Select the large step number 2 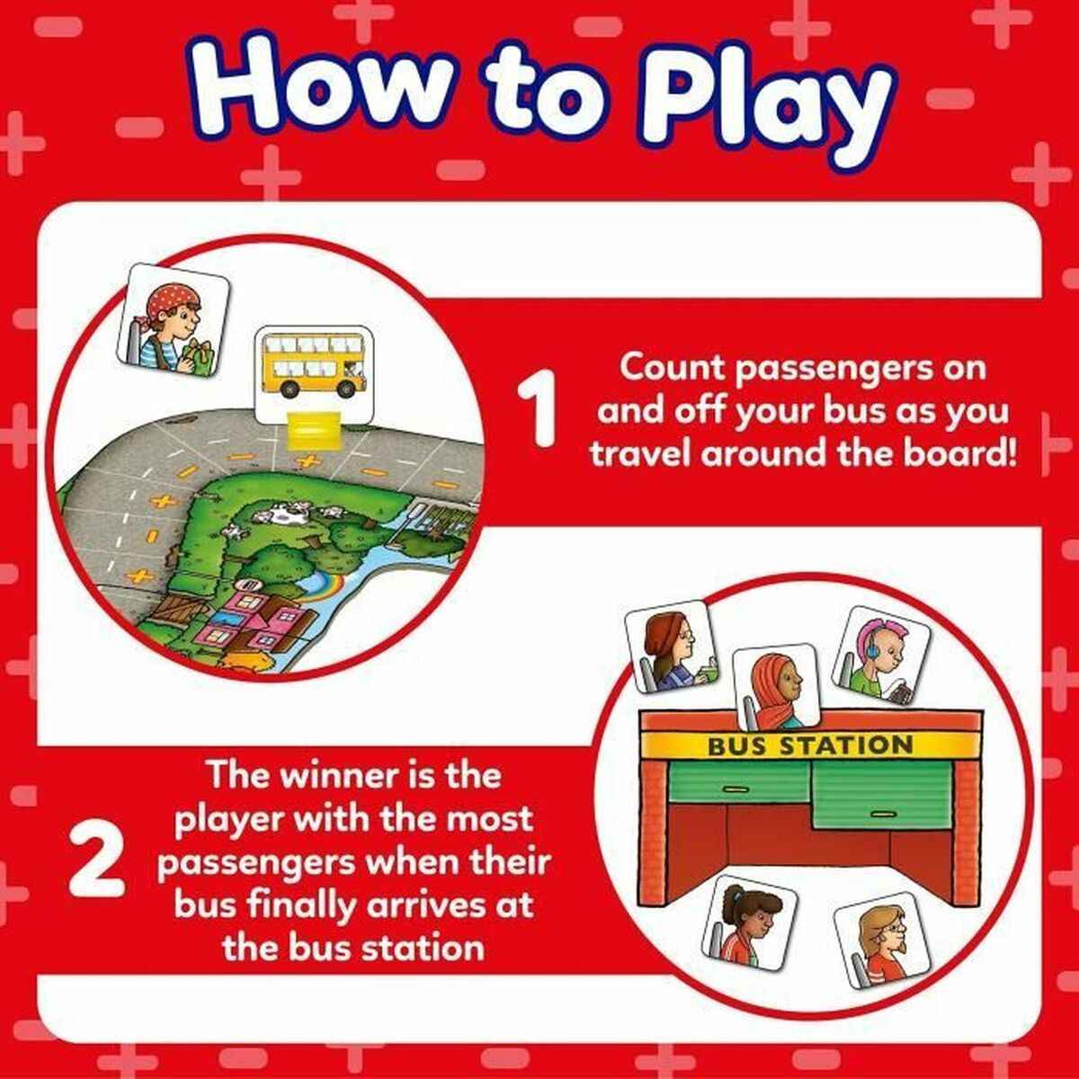(96, 861)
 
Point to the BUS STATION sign (810, 745)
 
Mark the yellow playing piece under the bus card (312, 426)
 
